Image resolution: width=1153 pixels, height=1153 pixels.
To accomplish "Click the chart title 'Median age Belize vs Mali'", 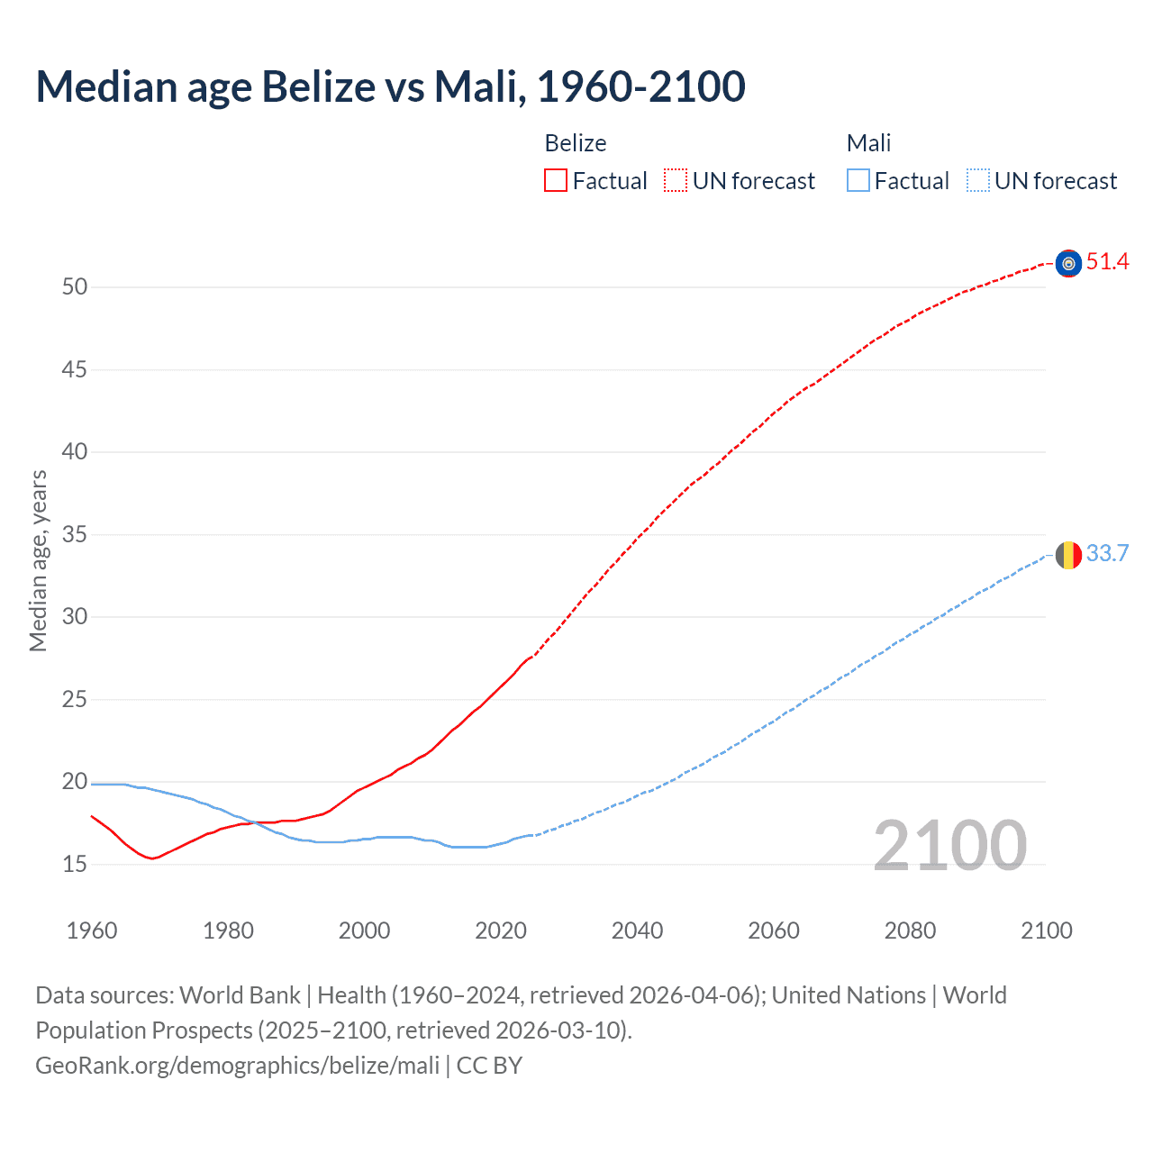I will click(390, 86).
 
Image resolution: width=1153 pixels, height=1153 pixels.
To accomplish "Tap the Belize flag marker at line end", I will click(1068, 263).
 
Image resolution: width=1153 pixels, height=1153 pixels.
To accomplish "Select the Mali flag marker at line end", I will click(1068, 555).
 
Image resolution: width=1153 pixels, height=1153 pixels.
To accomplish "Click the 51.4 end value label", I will click(1107, 262).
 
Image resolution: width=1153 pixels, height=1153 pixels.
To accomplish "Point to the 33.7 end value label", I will click(1107, 553).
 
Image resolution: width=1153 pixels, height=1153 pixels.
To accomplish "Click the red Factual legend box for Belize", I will click(556, 181).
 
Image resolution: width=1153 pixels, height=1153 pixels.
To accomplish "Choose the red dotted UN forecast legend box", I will click(676, 181).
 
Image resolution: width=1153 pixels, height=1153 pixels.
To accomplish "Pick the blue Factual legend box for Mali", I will click(858, 181).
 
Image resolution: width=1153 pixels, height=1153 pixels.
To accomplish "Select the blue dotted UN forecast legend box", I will click(978, 181).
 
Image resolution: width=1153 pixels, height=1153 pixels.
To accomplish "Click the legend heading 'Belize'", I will click(576, 143).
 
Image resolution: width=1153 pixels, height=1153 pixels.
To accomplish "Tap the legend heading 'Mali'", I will click(868, 143).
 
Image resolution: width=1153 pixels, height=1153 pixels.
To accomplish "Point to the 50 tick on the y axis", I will click(75, 287).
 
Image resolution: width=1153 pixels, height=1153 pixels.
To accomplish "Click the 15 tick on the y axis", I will click(75, 865).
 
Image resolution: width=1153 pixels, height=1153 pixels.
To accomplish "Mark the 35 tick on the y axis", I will click(75, 535).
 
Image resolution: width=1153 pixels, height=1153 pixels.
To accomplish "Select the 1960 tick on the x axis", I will click(92, 931).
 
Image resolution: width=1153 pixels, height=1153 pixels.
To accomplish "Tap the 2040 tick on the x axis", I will click(637, 931).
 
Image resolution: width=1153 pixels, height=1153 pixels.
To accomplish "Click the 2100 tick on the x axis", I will click(1046, 931).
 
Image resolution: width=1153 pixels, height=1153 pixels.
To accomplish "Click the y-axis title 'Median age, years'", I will click(38, 560).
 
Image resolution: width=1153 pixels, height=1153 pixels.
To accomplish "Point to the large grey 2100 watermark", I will click(949, 845).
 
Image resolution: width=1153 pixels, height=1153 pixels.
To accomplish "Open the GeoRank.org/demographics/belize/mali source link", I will click(237, 1066).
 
